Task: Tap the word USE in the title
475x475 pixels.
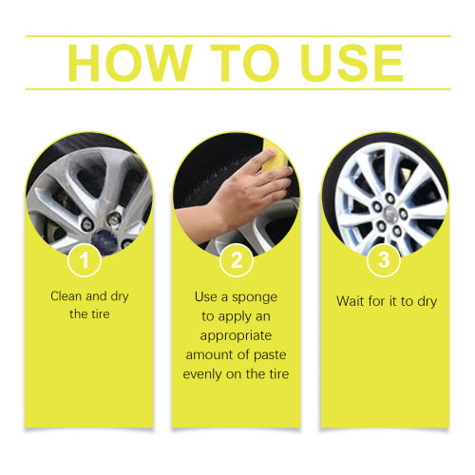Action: tap(352, 63)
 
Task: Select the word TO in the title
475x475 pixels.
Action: tap(245, 63)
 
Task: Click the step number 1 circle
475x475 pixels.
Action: tap(85, 260)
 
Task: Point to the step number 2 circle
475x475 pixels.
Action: tap(237, 260)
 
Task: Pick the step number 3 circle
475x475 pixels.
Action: tap(384, 260)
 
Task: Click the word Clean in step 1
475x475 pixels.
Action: tap(66, 296)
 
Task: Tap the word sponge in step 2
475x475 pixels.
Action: tap(255, 298)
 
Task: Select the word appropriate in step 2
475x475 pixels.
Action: tap(236, 336)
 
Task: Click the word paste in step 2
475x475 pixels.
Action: tap(270, 355)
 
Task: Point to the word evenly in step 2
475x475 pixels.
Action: tap(203, 374)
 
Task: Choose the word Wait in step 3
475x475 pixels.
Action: tap(350, 301)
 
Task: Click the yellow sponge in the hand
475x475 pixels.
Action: tap(274, 158)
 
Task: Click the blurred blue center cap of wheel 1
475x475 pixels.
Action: tap(105, 242)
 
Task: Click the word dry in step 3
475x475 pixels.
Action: tap(427, 302)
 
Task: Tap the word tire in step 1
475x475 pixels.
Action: tap(100, 314)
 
